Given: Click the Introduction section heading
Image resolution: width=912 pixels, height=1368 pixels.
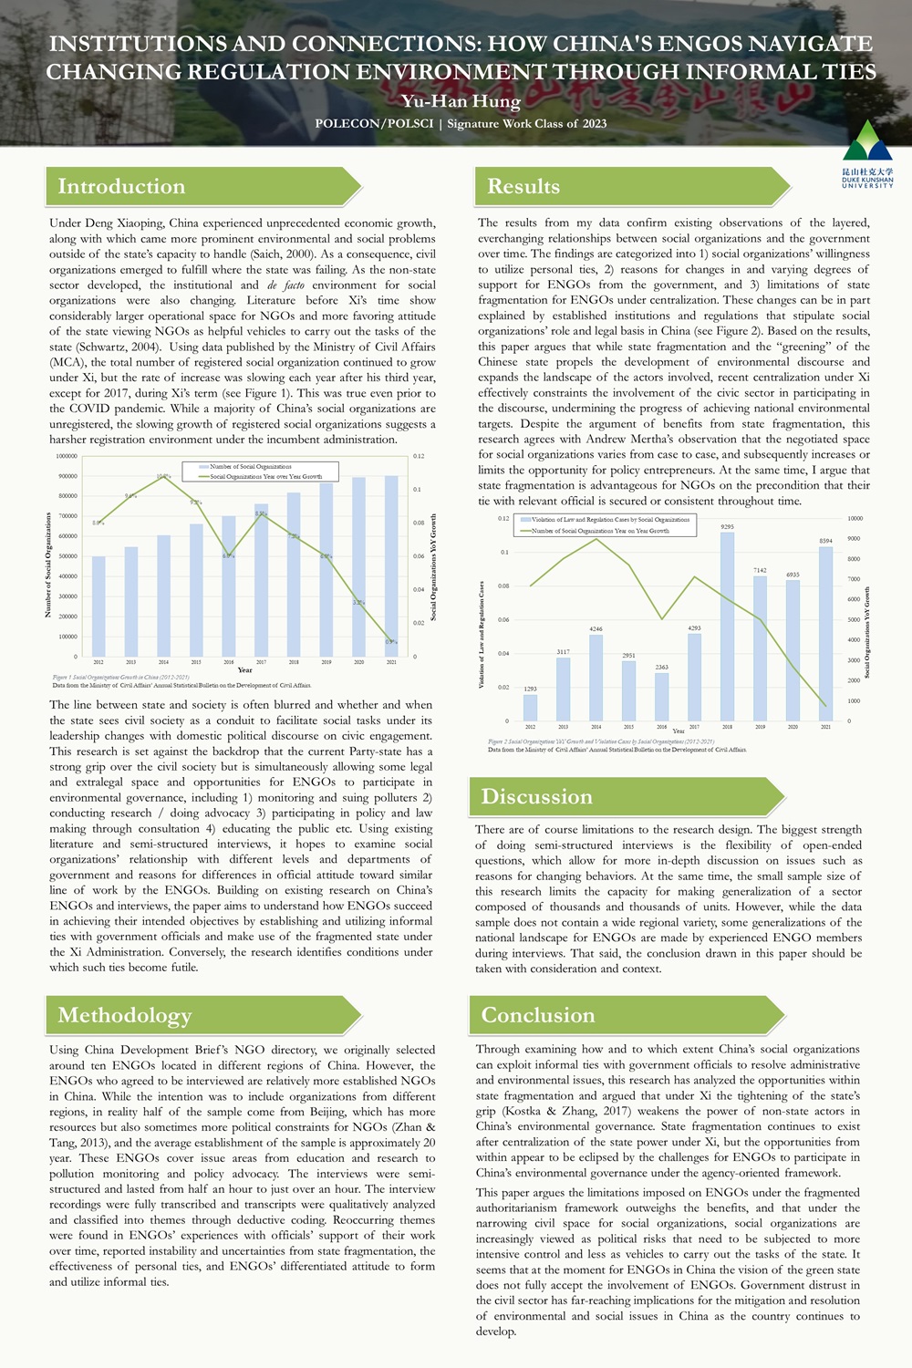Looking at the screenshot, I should (121, 187).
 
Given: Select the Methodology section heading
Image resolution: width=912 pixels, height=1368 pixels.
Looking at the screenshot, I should (125, 1015).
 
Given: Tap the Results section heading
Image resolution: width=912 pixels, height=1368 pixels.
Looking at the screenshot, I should (523, 187).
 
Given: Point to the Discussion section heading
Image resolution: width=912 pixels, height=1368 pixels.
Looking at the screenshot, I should (537, 797).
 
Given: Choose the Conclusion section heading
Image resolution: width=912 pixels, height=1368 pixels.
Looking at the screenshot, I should (538, 1015).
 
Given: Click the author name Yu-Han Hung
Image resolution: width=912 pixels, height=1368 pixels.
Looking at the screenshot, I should (461, 101).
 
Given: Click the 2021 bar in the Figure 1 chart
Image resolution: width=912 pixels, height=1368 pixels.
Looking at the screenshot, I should (391, 565).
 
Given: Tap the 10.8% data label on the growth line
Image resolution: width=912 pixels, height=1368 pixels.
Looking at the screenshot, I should (163, 476).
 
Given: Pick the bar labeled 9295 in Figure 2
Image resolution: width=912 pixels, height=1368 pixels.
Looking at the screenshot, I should (727, 626).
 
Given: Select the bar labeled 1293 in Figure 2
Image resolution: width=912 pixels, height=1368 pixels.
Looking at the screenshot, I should (530, 707).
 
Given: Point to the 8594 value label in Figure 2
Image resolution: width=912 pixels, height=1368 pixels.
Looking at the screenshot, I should (825, 541).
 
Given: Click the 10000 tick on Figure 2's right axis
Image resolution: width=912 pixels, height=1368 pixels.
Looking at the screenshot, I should (855, 518).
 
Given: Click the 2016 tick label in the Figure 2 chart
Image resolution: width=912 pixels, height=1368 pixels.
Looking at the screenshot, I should (661, 727).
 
